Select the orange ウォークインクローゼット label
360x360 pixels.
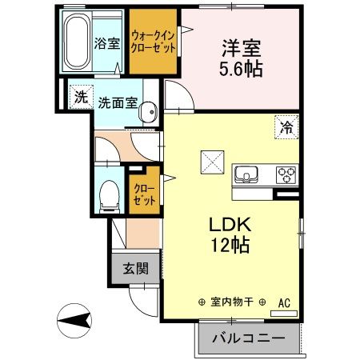pyautogui.click(x=154, y=40)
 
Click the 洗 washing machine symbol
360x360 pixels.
pyautogui.click(x=80, y=98)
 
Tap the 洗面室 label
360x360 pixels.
pyautogui.click(x=118, y=104)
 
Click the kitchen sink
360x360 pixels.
pyautogui.click(x=246, y=174)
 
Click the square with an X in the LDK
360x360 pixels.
pyautogui.click(x=214, y=162)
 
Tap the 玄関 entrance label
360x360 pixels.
pyautogui.click(x=135, y=269)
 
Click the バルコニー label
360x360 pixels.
pyautogui.click(x=248, y=338)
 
